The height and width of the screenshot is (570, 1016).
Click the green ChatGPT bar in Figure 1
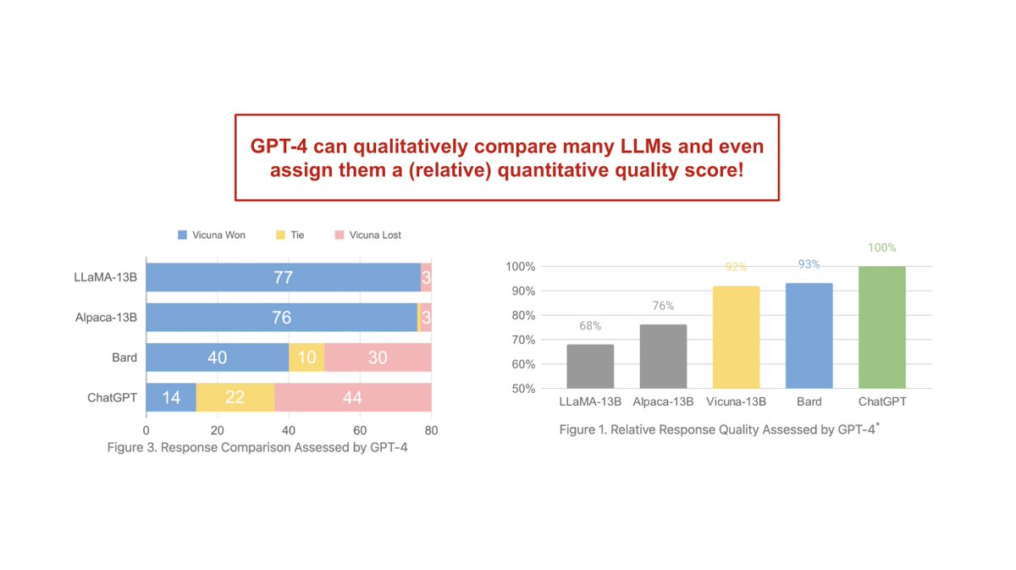[881, 327]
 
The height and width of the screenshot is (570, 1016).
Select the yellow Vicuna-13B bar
[736, 337]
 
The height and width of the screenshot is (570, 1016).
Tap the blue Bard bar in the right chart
[809, 335]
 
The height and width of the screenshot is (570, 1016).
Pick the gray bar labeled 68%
[590, 366]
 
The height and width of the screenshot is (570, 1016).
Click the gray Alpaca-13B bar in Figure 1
[663, 356]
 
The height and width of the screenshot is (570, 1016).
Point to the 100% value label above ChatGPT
[881, 248]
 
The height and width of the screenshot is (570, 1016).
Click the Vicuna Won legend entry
[212, 235]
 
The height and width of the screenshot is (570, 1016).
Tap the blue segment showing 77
[283, 277]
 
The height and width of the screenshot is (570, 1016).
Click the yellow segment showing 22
[235, 397]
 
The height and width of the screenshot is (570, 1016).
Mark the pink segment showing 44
[352, 397]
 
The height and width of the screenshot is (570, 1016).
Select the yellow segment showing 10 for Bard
[306, 357]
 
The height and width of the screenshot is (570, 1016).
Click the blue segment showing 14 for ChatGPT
[171, 397]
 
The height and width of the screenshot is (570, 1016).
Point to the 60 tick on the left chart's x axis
[360, 429]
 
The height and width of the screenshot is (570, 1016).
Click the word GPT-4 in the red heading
[278, 147]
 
